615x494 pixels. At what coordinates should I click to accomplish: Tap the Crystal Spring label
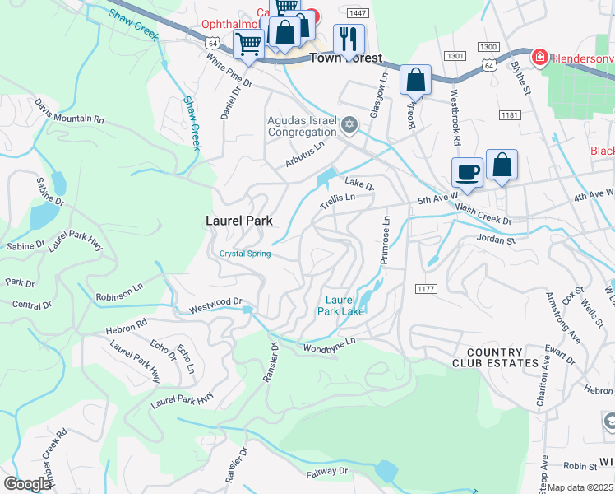pyautogui.click(x=245, y=254)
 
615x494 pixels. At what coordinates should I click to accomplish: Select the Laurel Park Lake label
pyautogui.click(x=341, y=305)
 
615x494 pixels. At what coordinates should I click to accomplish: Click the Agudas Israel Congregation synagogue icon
pyautogui.click(x=349, y=124)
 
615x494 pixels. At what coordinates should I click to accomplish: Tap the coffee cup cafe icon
pyautogui.click(x=467, y=172)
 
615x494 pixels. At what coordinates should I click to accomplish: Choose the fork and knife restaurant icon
pyautogui.click(x=349, y=39)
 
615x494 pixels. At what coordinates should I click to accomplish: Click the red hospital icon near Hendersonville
pyautogui.click(x=539, y=58)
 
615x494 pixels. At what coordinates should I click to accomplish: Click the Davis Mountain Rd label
pyautogui.click(x=70, y=111)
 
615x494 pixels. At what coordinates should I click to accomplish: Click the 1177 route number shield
pyautogui.click(x=426, y=287)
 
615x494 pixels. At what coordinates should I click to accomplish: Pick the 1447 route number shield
pyautogui.click(x=357, y=13)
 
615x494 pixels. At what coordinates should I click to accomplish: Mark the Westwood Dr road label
pyautogui.click(x=216, y=306)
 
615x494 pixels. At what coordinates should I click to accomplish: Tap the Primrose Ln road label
pyautogui.click(x=385, y=240)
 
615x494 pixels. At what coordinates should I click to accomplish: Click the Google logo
pyautogui.click(x=27, y=484)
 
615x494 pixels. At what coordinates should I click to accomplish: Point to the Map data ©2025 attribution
pyautogui.click(x=580, y=487)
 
